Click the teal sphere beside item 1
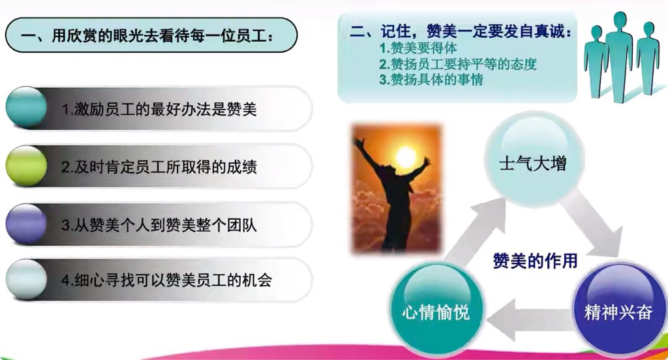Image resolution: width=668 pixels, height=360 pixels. (26, 108)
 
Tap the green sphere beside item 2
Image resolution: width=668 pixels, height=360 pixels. (26, 166)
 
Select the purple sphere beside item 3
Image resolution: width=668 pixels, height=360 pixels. (26, 224)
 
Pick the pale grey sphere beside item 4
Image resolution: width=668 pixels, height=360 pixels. (26, 280)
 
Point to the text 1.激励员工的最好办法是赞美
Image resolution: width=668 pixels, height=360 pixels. (159, 110)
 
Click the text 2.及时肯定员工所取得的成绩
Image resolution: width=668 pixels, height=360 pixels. (159, 167)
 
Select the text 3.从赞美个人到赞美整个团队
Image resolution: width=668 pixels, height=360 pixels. (159, 225)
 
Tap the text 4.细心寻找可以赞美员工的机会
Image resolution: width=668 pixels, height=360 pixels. (167, 280)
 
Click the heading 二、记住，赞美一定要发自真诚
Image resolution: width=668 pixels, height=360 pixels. (461, 31)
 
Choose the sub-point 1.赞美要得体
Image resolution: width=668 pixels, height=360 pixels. (418, 48)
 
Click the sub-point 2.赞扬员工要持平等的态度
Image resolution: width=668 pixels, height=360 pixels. (458, 64)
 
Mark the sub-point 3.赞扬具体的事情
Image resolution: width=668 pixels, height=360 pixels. (431, 80)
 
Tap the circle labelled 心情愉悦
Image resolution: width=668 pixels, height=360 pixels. (436, 310)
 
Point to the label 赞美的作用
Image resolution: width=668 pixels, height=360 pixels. (535, 261)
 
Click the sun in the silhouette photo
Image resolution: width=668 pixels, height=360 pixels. (405, 157)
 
